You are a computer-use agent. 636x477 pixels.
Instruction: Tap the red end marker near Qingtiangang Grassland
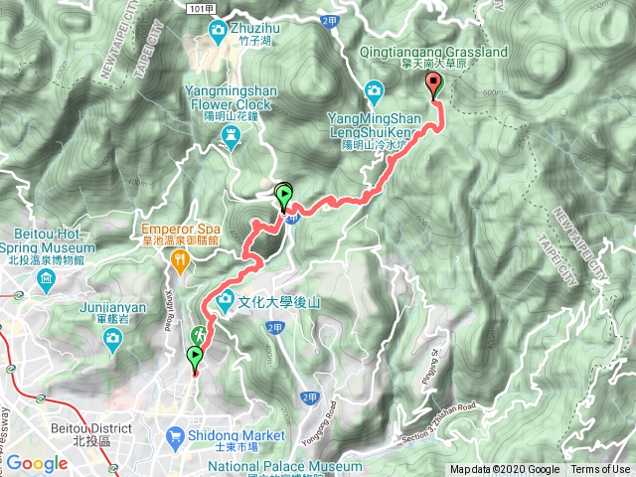[433, 85]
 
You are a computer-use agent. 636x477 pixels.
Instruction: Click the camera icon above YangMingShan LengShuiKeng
[375, 94]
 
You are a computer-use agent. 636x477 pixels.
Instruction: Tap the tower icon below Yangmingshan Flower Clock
[232, 139]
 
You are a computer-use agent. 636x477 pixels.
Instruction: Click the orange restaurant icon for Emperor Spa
[180, 261]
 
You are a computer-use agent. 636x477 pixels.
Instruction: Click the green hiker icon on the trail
[199, 335]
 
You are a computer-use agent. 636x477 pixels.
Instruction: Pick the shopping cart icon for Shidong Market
[176, 435]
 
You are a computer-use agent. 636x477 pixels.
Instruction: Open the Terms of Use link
[600, 470]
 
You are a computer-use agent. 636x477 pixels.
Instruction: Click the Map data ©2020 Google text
[506, 470]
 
